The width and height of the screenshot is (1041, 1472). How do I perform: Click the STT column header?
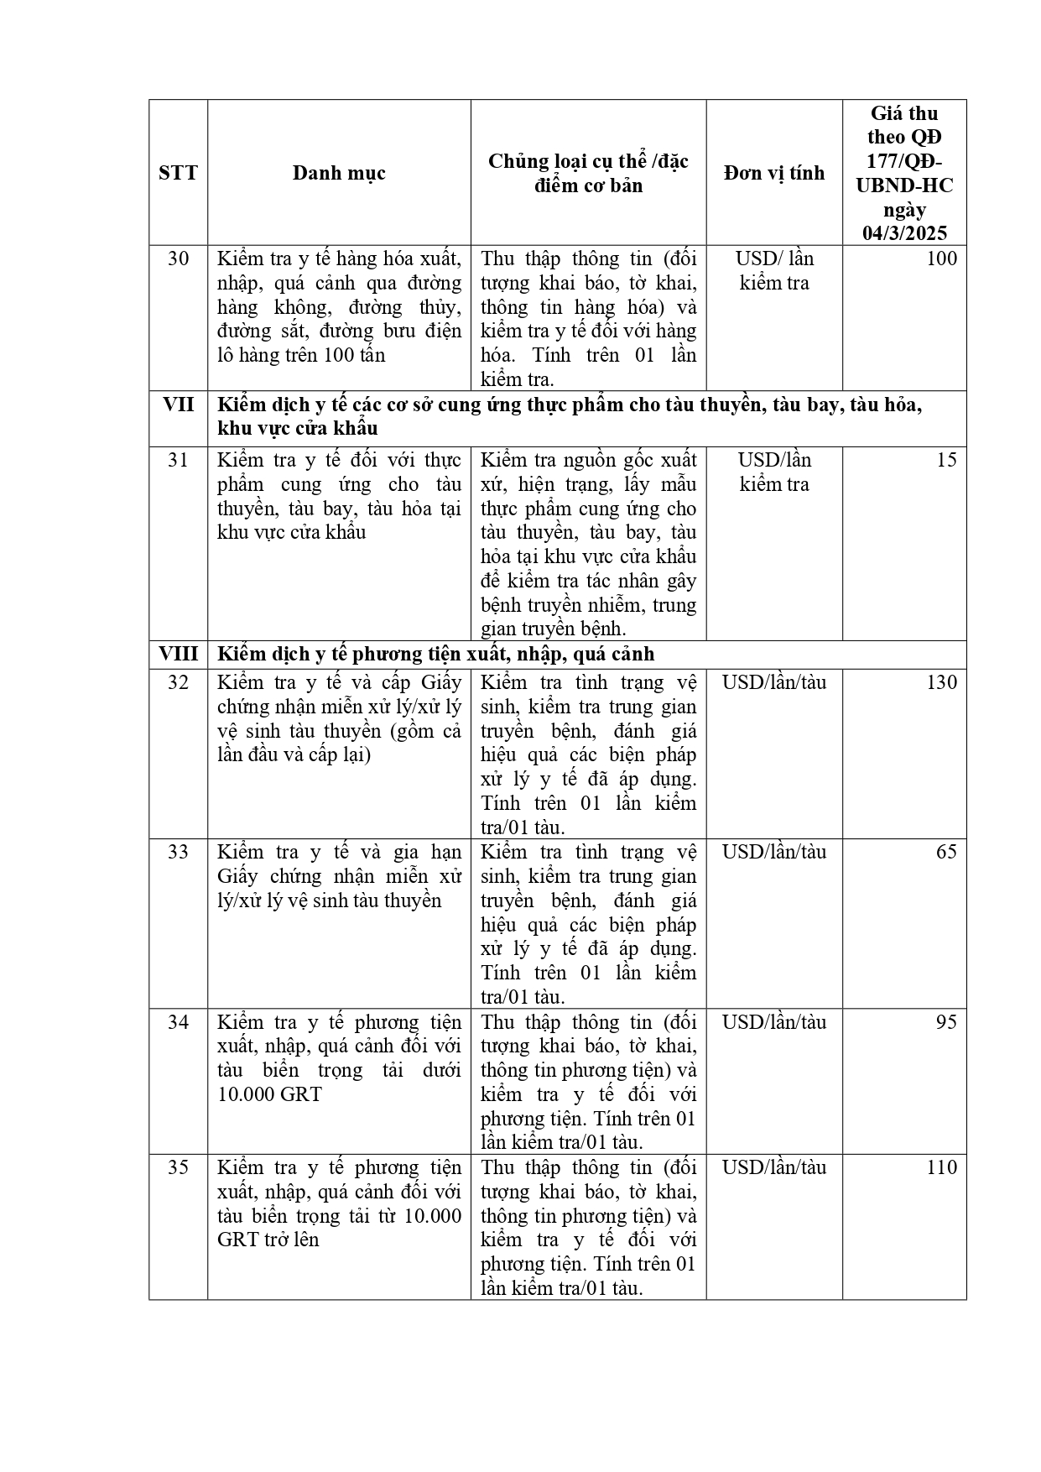click(x=178, y=173)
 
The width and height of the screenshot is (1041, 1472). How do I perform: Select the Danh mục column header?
click(x=339, y=173)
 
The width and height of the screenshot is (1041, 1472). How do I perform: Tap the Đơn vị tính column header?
click(x=773, y=173)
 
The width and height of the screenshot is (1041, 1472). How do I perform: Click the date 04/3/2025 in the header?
click(x=904, y=233)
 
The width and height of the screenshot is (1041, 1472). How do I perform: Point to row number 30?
click(x=178, y=258)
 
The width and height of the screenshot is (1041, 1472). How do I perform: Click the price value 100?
click(x=941, y=258)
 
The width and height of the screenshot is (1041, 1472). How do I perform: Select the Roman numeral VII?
click(x=178, y=405)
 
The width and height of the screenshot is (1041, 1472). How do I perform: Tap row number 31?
click(x=178, y=460)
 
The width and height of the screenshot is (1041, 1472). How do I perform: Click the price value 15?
click(x=946, y=460)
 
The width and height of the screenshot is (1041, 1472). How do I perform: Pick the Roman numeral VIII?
click(x=178, y=654)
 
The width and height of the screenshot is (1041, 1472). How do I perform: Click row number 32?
click(x=178, y=682)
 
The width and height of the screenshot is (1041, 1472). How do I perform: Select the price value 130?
click(x=941, y=682)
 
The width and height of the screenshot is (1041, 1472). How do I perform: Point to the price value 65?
click(x=946, y=852)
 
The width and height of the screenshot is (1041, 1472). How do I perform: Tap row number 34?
click(x=178, y=1022)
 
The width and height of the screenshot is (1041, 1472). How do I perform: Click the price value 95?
click(x=946, y=1022)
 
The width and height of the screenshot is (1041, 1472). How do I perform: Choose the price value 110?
click(x=941, y=1167)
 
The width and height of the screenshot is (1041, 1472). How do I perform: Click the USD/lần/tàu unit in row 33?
click(x=773, y=852)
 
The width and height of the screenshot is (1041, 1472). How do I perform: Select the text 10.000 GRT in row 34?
click(x=269, y=1094)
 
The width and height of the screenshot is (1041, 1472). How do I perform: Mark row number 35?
click(x=178, y=1167)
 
